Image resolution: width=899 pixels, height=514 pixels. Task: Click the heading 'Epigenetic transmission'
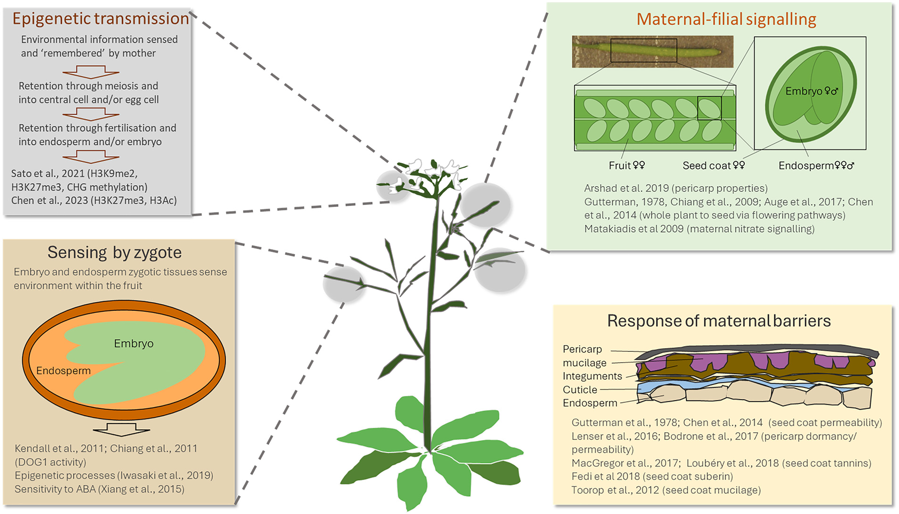101,19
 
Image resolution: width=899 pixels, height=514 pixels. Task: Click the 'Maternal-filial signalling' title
726,19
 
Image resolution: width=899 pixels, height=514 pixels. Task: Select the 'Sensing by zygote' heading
114,252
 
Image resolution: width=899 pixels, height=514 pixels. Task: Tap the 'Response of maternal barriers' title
719,321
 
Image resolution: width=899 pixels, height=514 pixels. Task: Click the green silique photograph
652,52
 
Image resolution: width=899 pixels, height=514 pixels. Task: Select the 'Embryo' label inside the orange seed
134,344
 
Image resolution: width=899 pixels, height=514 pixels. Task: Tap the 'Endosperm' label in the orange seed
63,371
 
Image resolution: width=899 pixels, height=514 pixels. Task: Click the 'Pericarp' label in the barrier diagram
582,349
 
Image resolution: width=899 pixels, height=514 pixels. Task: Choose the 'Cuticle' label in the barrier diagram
580,390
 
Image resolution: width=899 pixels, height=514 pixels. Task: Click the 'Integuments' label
592,376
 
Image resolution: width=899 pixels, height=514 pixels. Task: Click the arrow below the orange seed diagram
122,429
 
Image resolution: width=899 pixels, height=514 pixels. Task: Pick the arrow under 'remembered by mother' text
91,72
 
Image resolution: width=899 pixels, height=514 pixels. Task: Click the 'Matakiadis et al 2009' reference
634,229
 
